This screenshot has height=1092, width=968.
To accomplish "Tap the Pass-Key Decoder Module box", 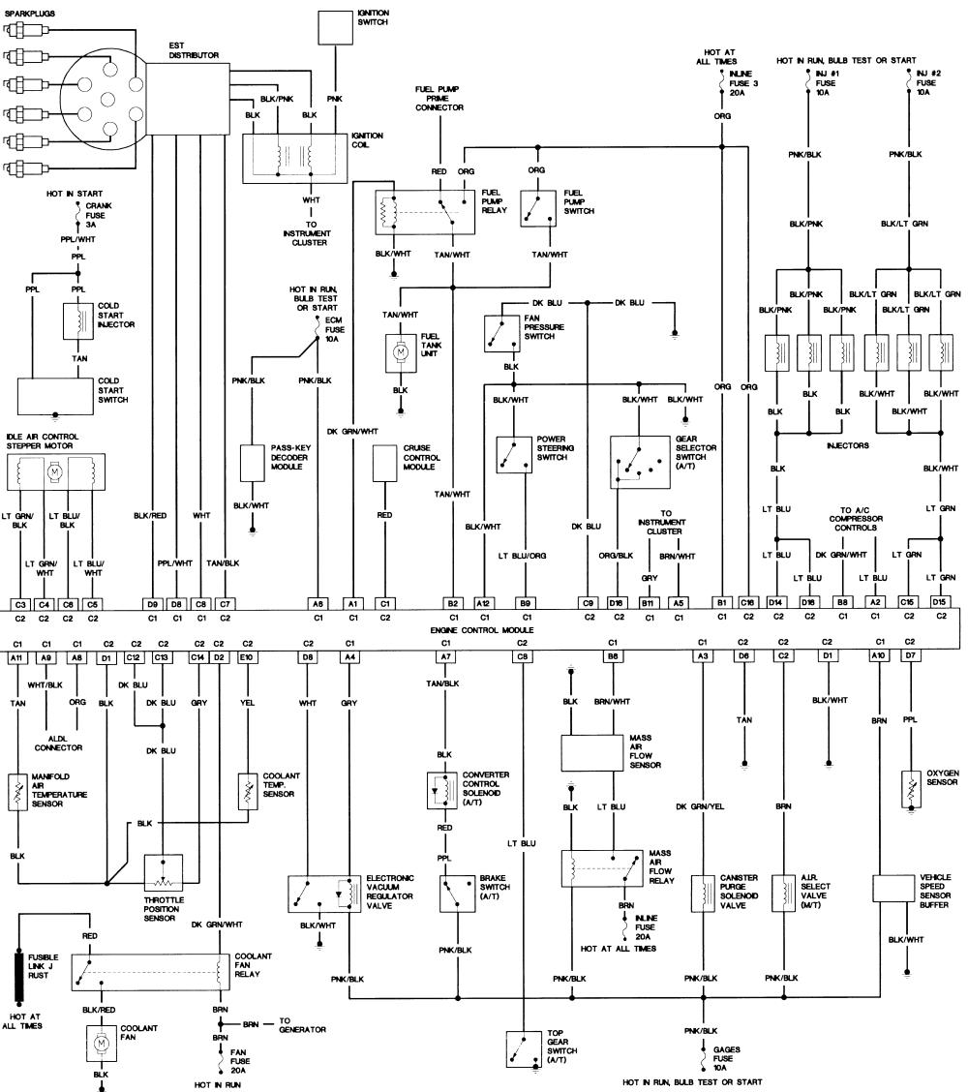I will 253,463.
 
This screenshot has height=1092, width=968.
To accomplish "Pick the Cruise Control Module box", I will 384,463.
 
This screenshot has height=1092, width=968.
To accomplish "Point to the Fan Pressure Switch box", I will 503,333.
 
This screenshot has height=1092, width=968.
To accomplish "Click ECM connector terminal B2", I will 452,602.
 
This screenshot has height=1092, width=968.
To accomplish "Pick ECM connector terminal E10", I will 247,657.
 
